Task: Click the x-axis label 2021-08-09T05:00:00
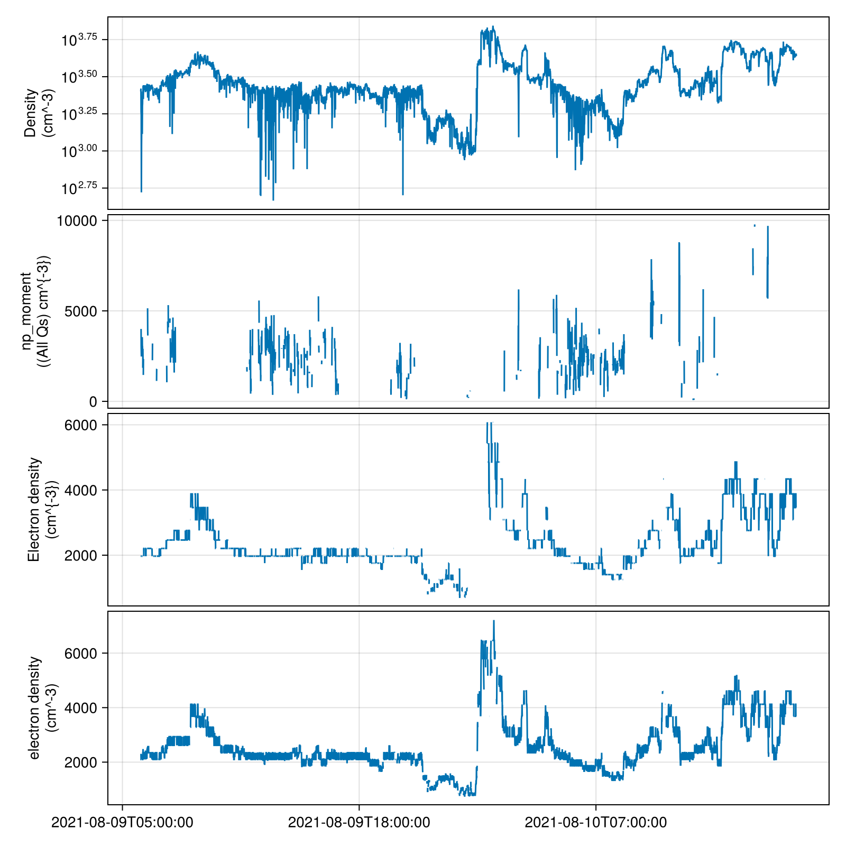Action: click(x=122, y=823)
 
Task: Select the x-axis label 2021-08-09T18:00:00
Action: click(x=359, y=823)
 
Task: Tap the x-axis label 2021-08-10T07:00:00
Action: click(x=596, y=823)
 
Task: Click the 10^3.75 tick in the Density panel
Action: click(x=79, y=40)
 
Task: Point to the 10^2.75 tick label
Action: click(x=79, y=188)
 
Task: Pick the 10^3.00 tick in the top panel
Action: click(x=79, y=151)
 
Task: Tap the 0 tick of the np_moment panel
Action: click(x=93, y=401)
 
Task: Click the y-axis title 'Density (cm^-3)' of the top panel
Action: click(x=38, y=113)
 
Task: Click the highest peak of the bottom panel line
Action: click(x=494, y=621)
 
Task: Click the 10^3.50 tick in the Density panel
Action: click(x=79, y=77)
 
